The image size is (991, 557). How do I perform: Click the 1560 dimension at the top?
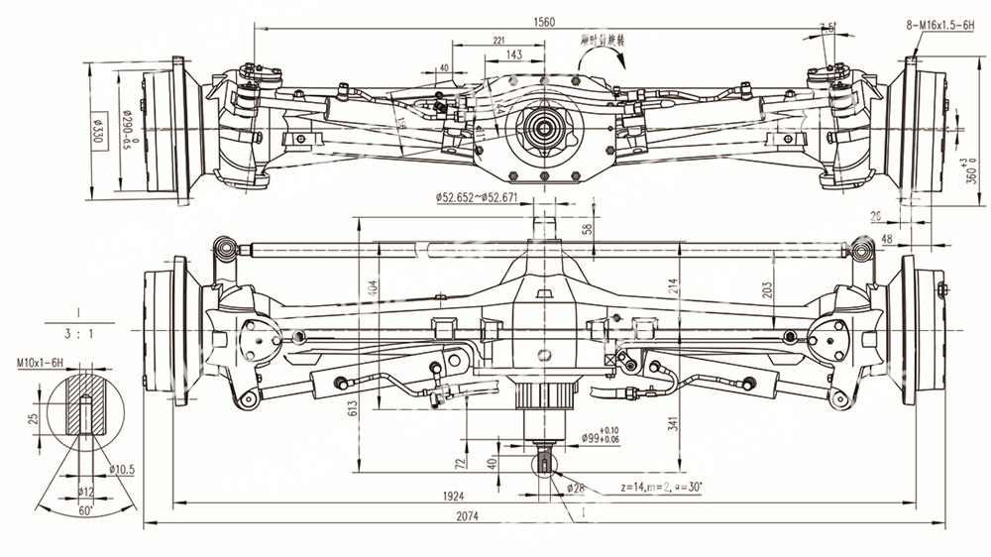544,21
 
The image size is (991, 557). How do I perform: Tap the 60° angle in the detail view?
86,511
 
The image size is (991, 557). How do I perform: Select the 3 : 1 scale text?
76,333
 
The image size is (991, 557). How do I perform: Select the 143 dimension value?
513,56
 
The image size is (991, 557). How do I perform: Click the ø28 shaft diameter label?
576,488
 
